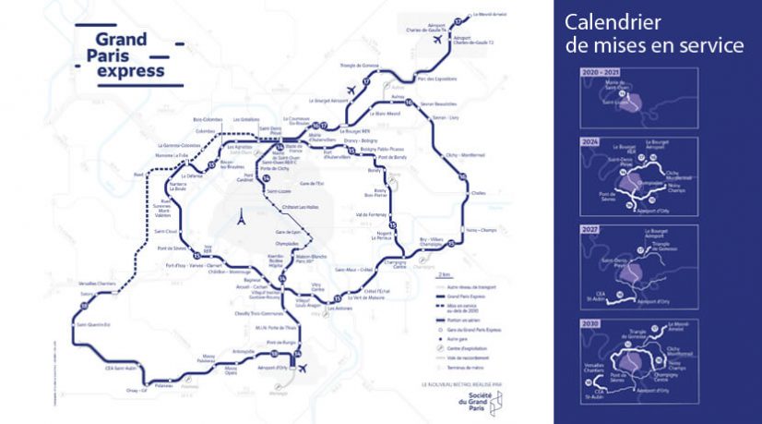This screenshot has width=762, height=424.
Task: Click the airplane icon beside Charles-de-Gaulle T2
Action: point(437,40)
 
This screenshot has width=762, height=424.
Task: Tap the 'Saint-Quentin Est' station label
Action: point(92,323)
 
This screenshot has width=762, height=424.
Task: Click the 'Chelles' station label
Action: point(478,193)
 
